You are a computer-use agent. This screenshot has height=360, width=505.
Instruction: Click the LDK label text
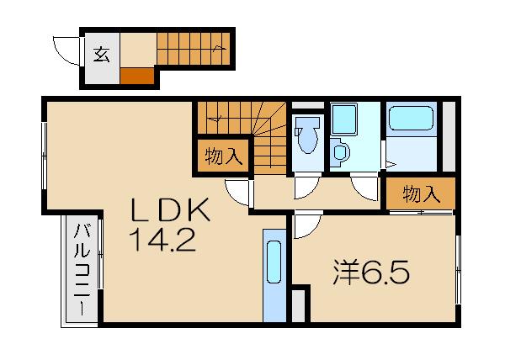170,209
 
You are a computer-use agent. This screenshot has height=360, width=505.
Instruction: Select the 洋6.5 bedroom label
371,273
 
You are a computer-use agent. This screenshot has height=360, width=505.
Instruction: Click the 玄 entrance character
102,55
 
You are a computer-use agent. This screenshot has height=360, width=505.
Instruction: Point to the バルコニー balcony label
82,270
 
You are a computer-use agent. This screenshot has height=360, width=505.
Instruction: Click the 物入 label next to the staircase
223,156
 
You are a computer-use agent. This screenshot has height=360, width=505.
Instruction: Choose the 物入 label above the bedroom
422,194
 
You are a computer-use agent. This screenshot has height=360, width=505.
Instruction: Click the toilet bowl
307,135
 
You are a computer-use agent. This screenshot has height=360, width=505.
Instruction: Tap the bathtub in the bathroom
411,118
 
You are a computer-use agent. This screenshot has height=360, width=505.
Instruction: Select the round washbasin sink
340,152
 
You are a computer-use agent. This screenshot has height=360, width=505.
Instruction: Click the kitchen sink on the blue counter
274,262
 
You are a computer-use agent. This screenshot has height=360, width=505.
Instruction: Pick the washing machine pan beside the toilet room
344,119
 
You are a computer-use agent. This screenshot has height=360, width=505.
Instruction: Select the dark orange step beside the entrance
137,76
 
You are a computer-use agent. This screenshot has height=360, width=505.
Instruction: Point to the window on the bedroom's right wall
458,270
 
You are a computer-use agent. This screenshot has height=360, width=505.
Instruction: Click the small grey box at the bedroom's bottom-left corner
298,305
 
